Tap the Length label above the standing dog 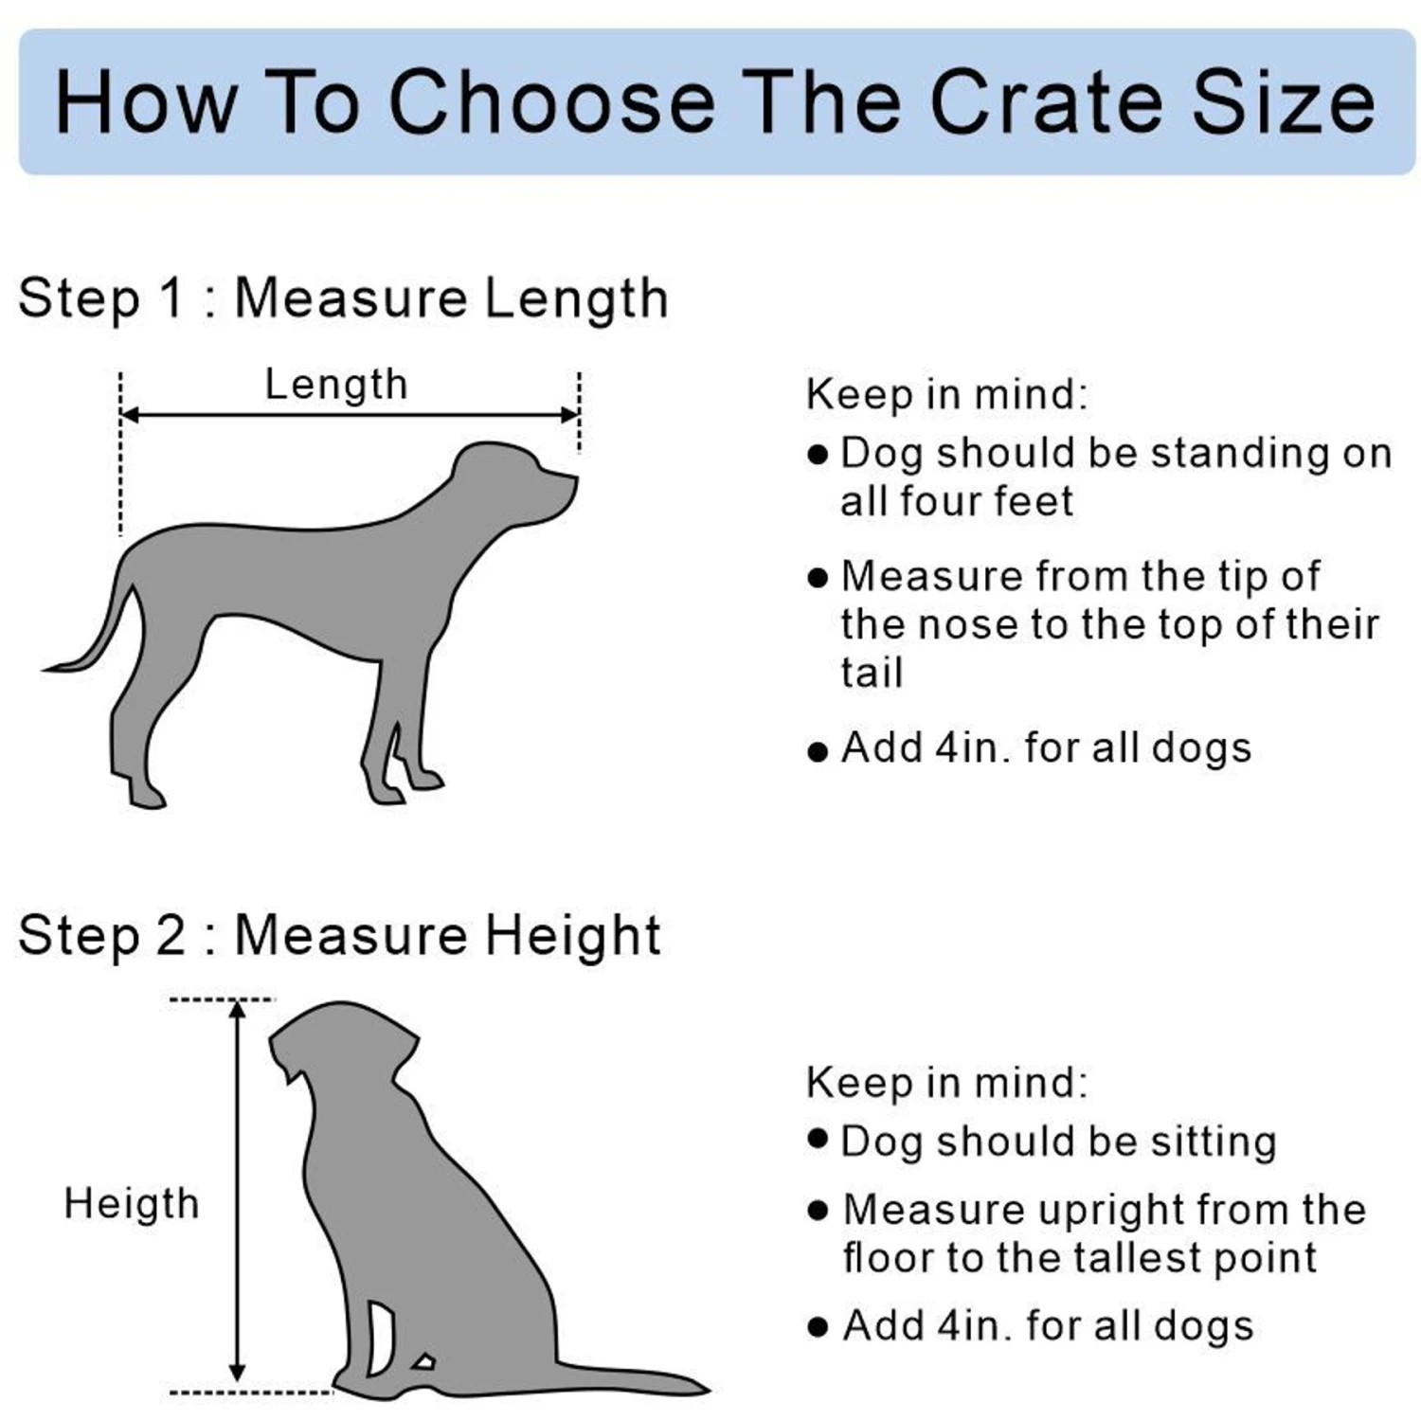(x=336, y=386)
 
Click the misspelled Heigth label (x=132, y=1204)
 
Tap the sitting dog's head (x=341, y=1042)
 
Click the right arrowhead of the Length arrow (x=570, y=415)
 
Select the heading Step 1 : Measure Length (x=343, y=298)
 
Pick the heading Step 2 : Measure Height (x=339, y=936)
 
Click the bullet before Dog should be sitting (x=818, y=1139)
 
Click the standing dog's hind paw (x=147, y=796)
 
